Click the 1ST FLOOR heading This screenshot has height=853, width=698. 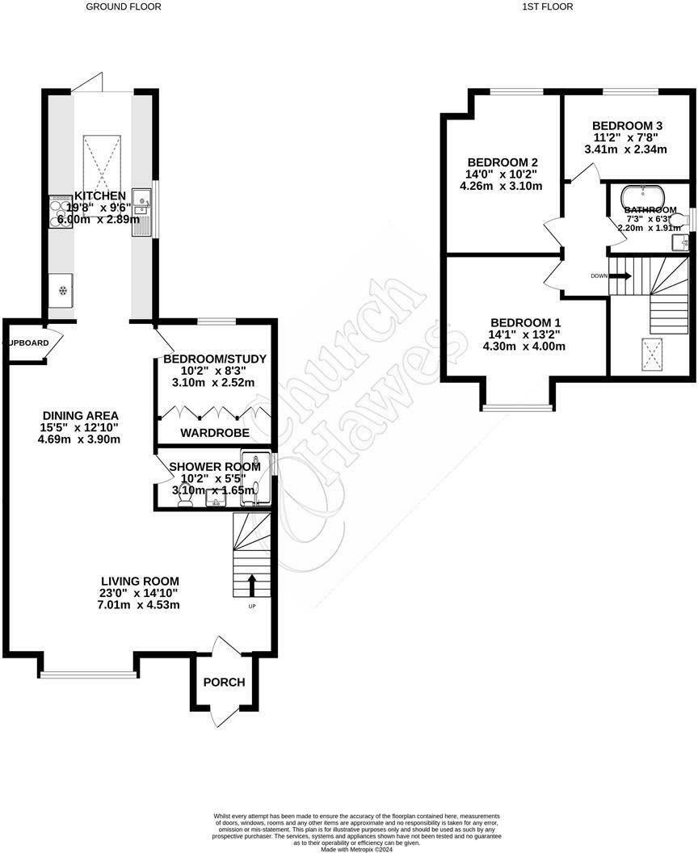(547, 6)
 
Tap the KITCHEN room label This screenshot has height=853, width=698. (100, 196)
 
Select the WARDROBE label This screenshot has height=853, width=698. (214, 434)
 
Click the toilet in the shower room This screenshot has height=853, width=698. (183, 502)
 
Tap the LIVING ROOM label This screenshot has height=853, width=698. (140, 581)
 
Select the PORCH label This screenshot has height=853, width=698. (224, 683)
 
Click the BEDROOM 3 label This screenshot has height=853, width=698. (627, 126)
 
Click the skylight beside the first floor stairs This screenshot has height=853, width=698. (650, 354)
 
